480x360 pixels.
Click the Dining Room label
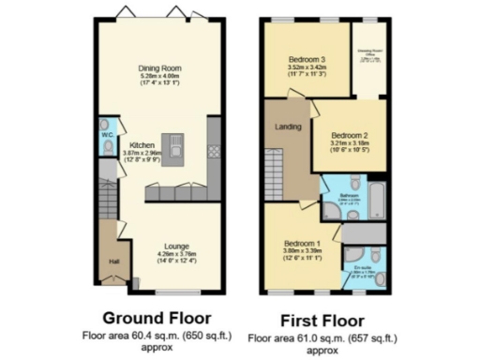159,68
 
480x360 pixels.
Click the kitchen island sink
174,143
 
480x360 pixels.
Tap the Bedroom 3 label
306,60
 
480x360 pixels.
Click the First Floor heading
324,318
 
